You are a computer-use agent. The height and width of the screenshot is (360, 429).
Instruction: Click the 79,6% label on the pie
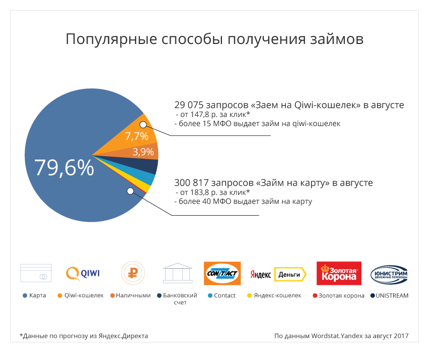[x=64, y=167]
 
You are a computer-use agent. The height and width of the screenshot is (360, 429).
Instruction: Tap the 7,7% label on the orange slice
[x=136, y=136]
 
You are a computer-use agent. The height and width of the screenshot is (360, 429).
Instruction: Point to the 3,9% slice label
[x=143, y=152]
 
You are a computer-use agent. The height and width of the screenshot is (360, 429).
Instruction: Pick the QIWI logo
[x=83, y=273]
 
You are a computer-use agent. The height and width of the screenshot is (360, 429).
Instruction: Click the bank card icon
[x=35, y=273]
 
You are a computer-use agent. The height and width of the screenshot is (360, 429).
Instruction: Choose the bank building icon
[x=178, y=273]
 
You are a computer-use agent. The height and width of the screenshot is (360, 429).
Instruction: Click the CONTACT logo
[x=222, y=274]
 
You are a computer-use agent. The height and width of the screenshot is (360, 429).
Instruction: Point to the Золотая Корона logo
[x=339, y=274]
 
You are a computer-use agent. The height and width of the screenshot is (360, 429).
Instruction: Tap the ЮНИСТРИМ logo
[x=389, y=274]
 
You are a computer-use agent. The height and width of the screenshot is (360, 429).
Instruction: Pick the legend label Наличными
[x=134, y=296]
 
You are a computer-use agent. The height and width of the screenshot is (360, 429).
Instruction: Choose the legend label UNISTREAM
[x=392, y=296]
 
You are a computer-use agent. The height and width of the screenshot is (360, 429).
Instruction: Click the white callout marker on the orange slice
[x=143, y=124]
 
